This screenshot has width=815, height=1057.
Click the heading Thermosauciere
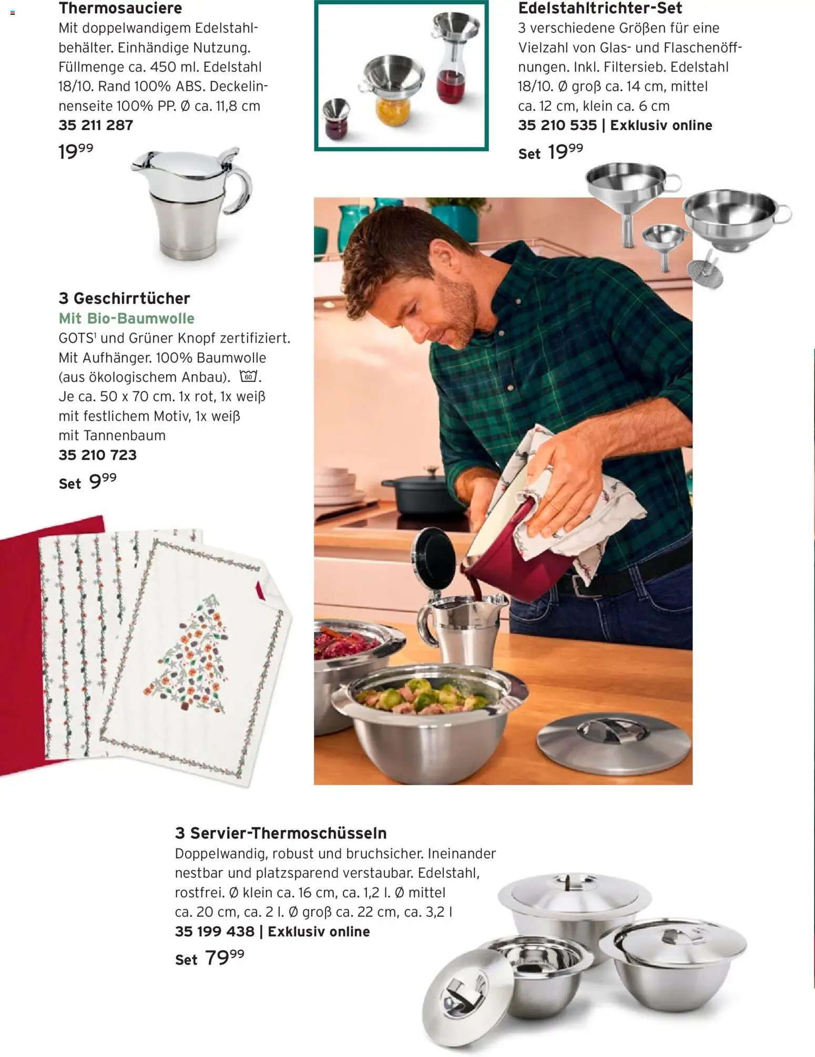120,8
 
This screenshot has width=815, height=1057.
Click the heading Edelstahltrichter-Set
600,8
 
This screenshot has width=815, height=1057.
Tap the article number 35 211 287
96,125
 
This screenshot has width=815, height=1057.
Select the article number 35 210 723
97,455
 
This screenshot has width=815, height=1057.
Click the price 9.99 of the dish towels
103,481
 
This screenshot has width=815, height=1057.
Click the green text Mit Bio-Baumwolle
127,318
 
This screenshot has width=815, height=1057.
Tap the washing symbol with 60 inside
249,377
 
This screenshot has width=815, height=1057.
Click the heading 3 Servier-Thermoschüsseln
281,833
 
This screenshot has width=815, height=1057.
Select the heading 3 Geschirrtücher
124,298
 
